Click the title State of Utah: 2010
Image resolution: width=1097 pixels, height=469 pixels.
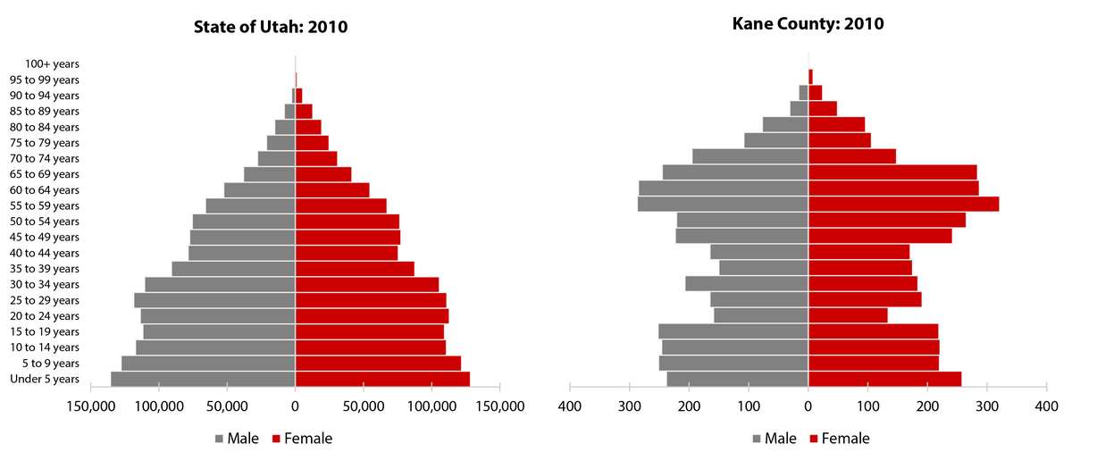point(271,27)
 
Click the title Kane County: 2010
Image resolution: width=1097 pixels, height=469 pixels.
point(808,24)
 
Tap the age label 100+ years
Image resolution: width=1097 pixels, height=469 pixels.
point(53,64)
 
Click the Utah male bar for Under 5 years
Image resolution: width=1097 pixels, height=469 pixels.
point(203,379)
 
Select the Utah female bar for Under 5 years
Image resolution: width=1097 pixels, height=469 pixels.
point(382,379)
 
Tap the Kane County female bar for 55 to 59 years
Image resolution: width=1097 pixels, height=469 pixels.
point(903,205)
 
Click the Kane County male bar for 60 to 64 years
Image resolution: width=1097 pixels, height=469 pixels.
point(724,188)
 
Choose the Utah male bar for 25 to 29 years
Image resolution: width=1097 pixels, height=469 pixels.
point(214,300)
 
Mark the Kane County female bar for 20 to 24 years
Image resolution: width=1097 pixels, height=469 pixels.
point(848,315)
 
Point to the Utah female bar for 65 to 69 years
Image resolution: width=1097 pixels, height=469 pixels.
point(323,174)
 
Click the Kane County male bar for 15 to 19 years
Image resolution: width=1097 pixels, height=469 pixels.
point(733,331)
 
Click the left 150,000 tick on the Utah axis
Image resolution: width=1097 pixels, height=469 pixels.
point(91,406)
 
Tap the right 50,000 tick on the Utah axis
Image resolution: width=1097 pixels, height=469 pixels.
point(364,406)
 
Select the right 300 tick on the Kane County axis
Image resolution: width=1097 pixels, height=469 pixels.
point(987,406)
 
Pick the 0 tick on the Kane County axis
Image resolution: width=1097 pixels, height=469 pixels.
point(808,406)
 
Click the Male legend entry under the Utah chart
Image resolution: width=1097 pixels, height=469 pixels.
point(238,439)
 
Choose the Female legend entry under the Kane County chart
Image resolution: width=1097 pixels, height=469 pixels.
point(840,439)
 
